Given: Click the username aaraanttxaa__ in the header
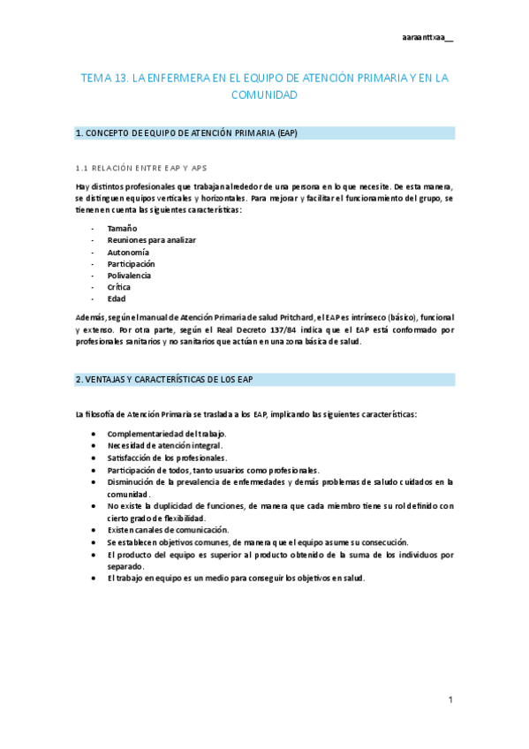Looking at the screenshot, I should pyautogui.click(x=427, y=37).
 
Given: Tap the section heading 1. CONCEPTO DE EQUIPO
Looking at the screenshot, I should pyautogui.click(x=186, y=133).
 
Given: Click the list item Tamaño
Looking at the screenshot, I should pyautogui.click(x=122, y=229).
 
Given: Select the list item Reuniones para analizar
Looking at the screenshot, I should pyautogui.click(x=151, y=240).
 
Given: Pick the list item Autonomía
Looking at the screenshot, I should pyautogui.click(x=128, y=252).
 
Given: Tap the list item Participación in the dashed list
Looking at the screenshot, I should pyautogui.click(x=131, y=263).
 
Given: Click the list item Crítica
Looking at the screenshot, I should pyautogui.click(x=119, y=287).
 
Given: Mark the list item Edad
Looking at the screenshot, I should pyautogui.click(x=117, y=299).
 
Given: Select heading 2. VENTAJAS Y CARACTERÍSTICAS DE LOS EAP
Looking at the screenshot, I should pyautogui.click(x=165, y=380).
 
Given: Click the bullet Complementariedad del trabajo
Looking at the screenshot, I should pyautogui.click(x=166, y=434).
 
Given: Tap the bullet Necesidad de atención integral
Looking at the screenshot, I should pyautogui.click(x=165, y=446).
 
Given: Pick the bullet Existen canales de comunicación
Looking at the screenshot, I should pyautogui.click(x=168, y=530).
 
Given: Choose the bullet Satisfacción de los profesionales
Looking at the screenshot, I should pyautogui.click(x=167, y=458).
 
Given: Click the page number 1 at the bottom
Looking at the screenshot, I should pyautogui.click(x=450, y=700).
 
